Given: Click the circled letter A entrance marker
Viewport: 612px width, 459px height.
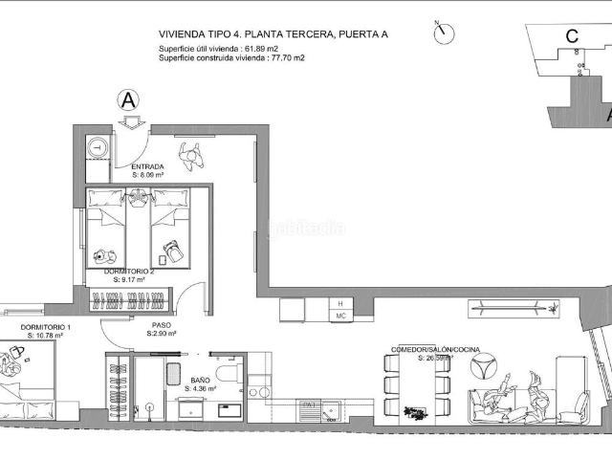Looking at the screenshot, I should (x=128, y=99).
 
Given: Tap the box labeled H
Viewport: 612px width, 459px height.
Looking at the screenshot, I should (x=339, y=303).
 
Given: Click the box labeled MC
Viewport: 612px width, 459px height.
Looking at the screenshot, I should (x=339, y=315).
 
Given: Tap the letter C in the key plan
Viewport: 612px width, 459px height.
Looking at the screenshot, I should (x=571, y=37).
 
